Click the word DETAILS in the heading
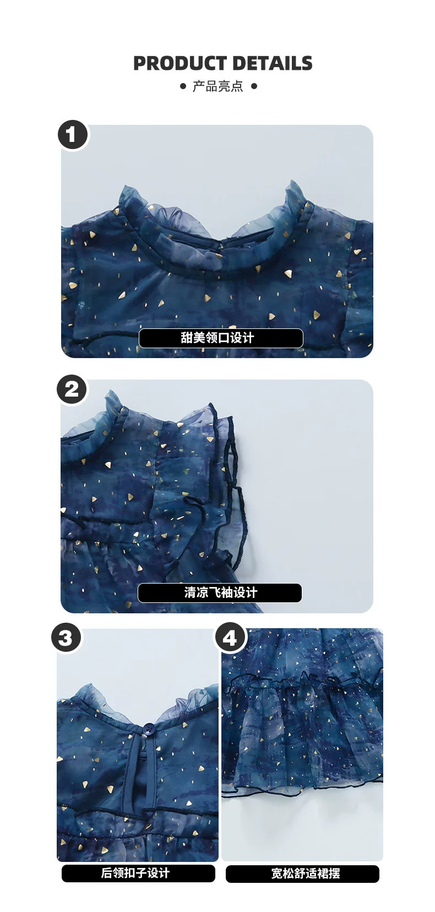point(273,63)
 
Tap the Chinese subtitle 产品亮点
point(218,86)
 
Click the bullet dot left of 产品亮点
point(183,86)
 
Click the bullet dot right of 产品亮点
point(254,86)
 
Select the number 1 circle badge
point(73,135)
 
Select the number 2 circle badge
point(72,389)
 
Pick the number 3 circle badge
point(66,637)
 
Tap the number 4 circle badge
point(230,637)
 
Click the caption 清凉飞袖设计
point(221,592)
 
